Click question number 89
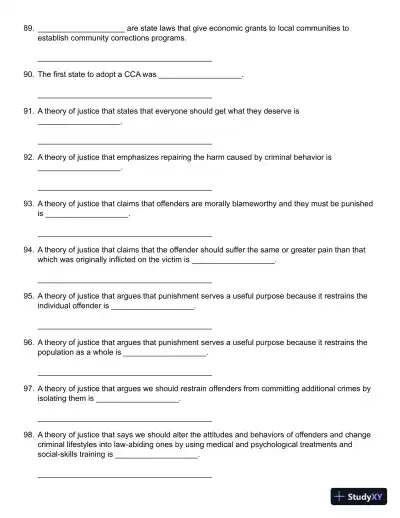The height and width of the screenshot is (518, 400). pyautogui.click(x=27, y=29)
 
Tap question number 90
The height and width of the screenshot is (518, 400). pyautogui.click(x=27, y=75)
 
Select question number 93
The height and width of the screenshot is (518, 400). pyautogui.click(x=27, y=203)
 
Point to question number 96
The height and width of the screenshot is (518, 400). pyautogui.click(x=27, y=341)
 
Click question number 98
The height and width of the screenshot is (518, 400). pyautogui.click(x=27, y=434)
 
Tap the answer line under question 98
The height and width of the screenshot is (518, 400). pyautogui.click(x=124, y=476)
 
